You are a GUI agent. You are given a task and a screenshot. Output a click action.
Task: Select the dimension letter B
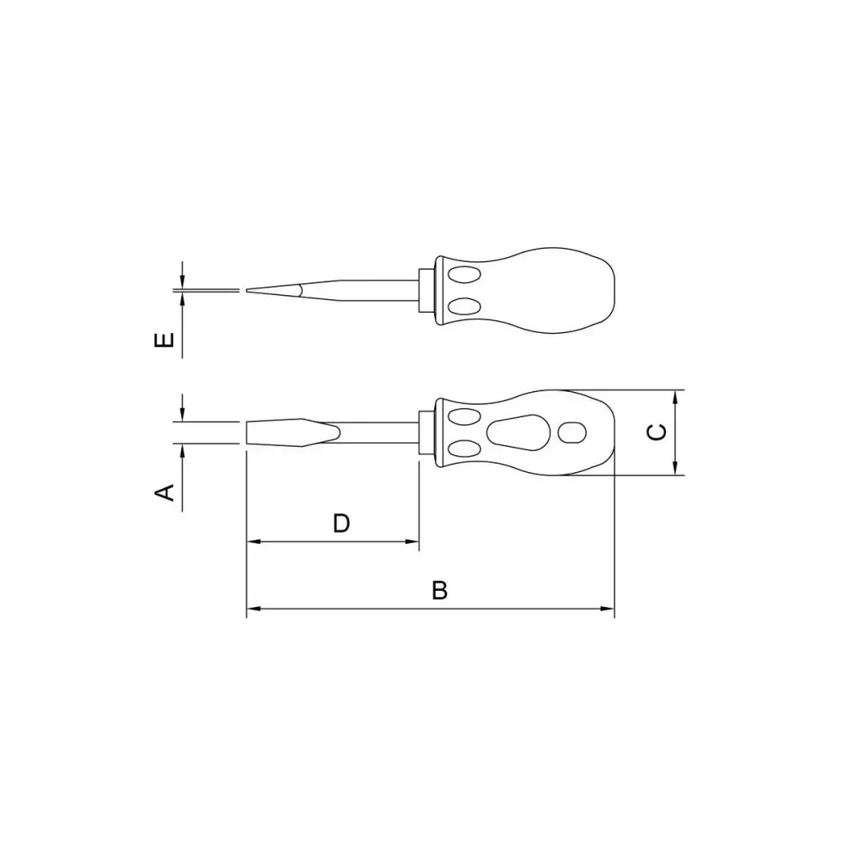(439, 590)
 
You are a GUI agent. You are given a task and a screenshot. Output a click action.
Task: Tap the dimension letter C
(657, 432)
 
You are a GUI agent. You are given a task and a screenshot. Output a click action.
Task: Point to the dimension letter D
(341, 523)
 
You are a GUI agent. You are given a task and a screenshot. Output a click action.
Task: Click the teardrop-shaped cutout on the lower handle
(518, 432)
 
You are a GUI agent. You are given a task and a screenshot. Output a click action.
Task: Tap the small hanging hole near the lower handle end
(572, 432)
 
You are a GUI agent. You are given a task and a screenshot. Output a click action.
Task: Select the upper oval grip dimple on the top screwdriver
(464, 276)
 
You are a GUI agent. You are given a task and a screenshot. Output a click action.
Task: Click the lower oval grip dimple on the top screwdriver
(464, 307)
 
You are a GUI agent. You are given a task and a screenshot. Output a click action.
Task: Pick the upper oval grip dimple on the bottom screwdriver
(464, 417)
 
